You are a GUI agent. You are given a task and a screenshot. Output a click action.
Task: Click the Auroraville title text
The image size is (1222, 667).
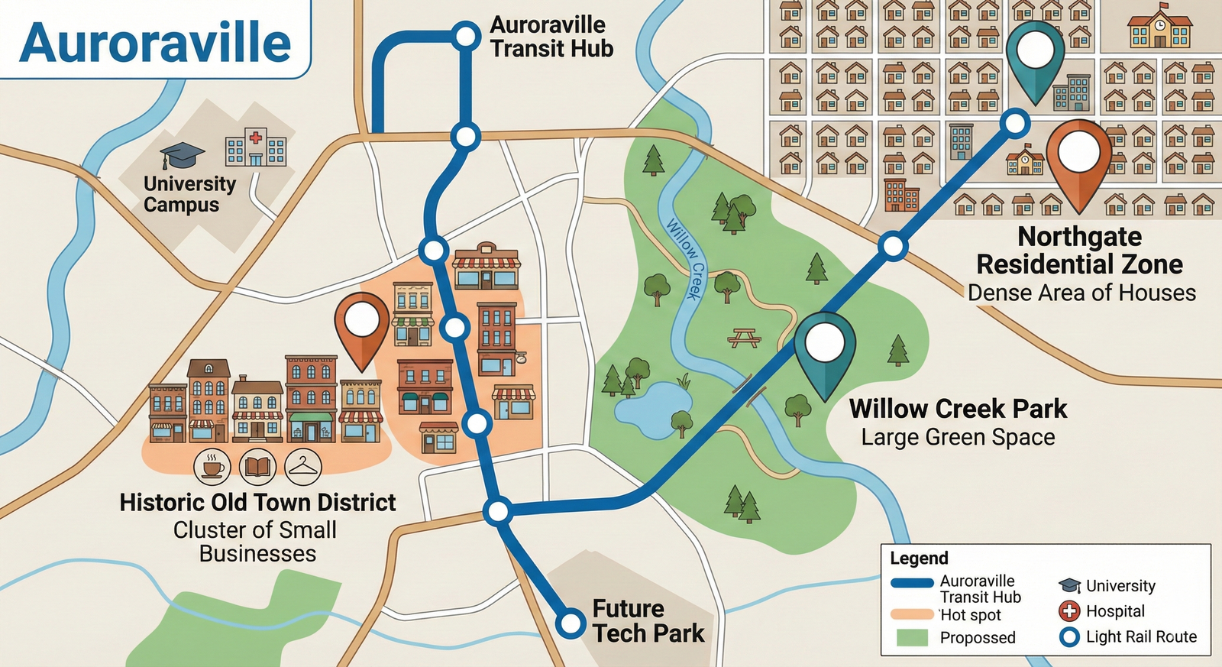coord(155,42)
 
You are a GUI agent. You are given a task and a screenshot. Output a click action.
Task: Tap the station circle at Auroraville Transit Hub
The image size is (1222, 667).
coord(464,36)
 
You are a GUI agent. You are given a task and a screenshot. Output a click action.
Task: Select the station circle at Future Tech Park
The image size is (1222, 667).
coord(570,623)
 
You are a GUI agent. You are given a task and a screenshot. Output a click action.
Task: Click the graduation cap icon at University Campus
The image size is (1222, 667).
coord(183,155)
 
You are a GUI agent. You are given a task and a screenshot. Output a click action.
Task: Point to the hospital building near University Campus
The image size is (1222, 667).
coord(256,147)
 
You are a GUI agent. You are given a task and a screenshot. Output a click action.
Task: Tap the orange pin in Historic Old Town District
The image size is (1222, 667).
coord(361,327)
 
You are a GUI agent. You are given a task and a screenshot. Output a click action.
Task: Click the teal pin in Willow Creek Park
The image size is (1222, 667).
coord(825,348)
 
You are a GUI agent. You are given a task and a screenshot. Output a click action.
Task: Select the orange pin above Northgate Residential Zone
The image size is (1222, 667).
coord(1078,157)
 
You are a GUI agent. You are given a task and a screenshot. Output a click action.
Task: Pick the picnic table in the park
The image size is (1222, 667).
coord(744,337)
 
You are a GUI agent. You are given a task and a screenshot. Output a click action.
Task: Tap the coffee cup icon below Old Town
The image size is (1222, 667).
coord(212,466)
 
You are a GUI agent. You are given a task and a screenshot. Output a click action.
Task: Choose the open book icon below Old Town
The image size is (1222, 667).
coord(257,466)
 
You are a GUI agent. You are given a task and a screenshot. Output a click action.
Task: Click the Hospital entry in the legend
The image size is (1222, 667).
coord(1114,611)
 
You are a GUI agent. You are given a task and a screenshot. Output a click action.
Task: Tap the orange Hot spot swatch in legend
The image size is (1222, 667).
coord(912,614)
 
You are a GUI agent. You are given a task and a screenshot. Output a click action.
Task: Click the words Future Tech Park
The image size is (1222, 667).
coord(648,620)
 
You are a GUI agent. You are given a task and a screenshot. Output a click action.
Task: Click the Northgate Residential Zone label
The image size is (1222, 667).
coord(1079,251)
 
